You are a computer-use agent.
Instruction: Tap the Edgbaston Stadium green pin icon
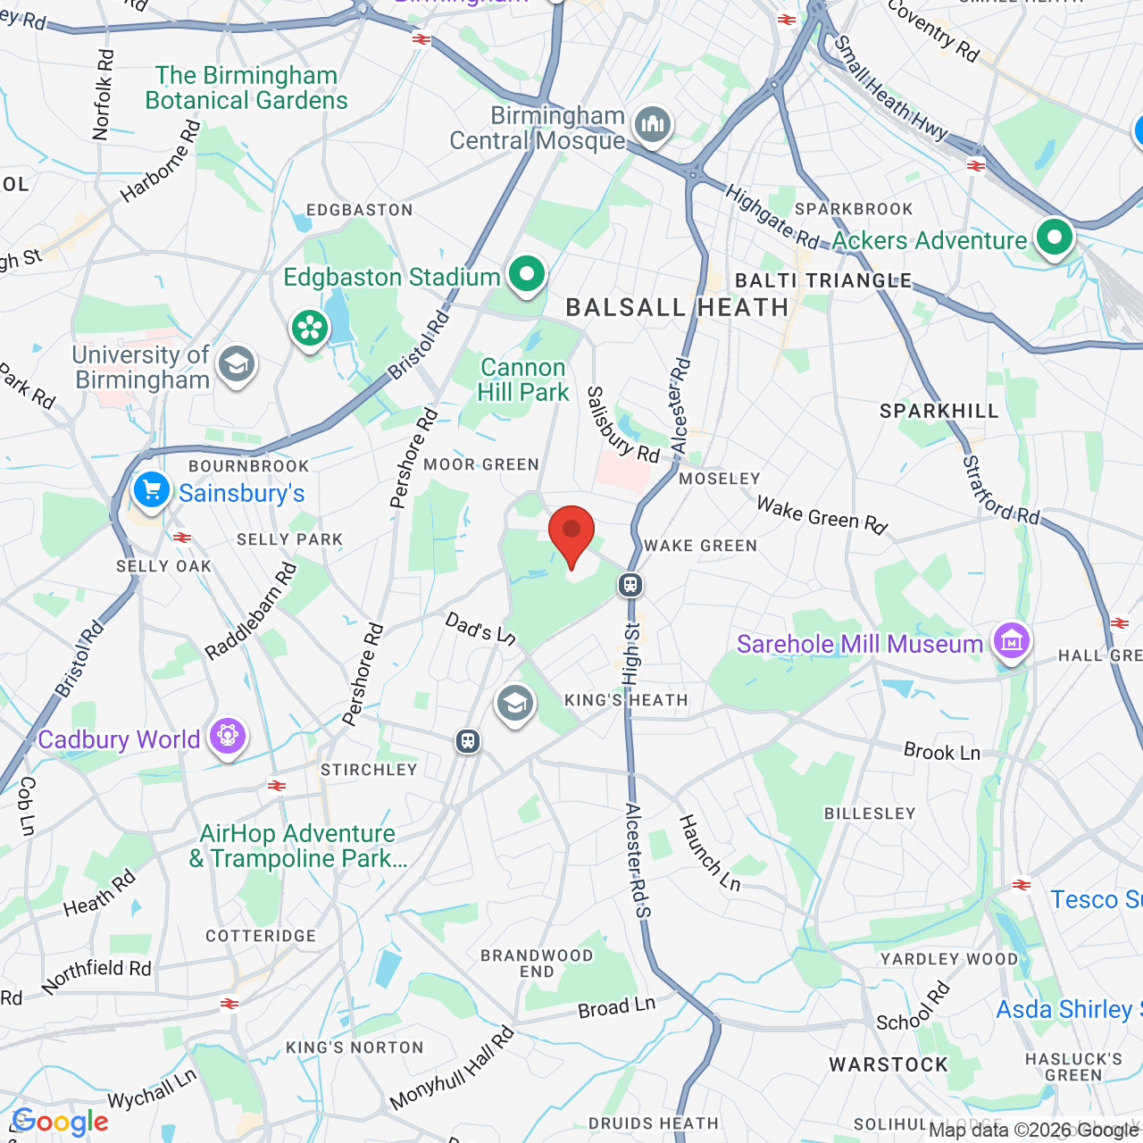click(x=527, y=274)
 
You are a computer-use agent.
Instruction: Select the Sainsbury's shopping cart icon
click(x=151, y=490)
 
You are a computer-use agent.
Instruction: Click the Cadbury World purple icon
click(x=228, y=737)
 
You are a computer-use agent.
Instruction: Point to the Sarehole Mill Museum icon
click(x=1011, y=641)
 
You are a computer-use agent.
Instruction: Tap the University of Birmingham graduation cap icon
click(x=237, y=364)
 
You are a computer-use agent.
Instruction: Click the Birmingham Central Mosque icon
click(x=653, y=124)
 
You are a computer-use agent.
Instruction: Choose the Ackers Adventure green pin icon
click(x=1055, y=238)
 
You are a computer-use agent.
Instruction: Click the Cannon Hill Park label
click(x=523, y=380)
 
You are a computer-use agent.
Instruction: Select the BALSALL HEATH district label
click(x=678, y=308)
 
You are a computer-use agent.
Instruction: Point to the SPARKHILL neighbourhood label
click(x=939, y=411)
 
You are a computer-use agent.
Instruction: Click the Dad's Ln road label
click(x=480, y=629)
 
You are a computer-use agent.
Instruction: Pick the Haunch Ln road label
click(x=710, y=853)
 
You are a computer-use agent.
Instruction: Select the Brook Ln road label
click(x=942, y=752)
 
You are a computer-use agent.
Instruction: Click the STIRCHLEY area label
click(x=369, y=770)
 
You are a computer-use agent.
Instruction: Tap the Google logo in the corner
click(x=61, y=1122)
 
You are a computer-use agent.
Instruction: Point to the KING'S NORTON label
click(x=355, y=1047)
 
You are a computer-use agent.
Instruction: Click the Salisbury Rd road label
click(x=622, y=425)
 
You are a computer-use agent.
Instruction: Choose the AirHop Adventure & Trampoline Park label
click(x=297, y=846)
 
